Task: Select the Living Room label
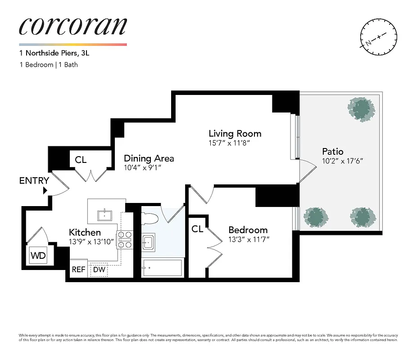(235, 134)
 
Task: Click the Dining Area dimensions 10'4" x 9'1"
(142, 167)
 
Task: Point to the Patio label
(333, 151)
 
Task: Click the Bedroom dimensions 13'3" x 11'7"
(249, 239)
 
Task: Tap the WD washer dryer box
(38, 256)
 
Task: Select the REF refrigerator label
(79, 270)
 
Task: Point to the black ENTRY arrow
(45, 191)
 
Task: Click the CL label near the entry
(81, 160)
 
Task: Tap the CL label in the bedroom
(197, 229)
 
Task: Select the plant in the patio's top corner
(361, 109)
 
